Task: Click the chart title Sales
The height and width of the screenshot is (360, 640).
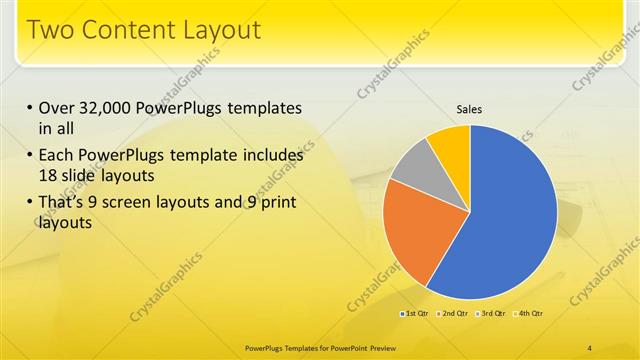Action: (x=470, y=109)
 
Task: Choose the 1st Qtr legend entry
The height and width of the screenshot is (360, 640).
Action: (x=415, y=315)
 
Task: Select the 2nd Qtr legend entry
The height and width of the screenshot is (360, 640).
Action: (x=453, y=315)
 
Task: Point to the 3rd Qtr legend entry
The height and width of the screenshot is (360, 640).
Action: (x=492, y=315)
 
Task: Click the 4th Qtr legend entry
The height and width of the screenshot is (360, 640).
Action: (x=529, y=315)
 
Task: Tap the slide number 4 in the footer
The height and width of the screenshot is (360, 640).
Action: (x=590, y=347)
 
